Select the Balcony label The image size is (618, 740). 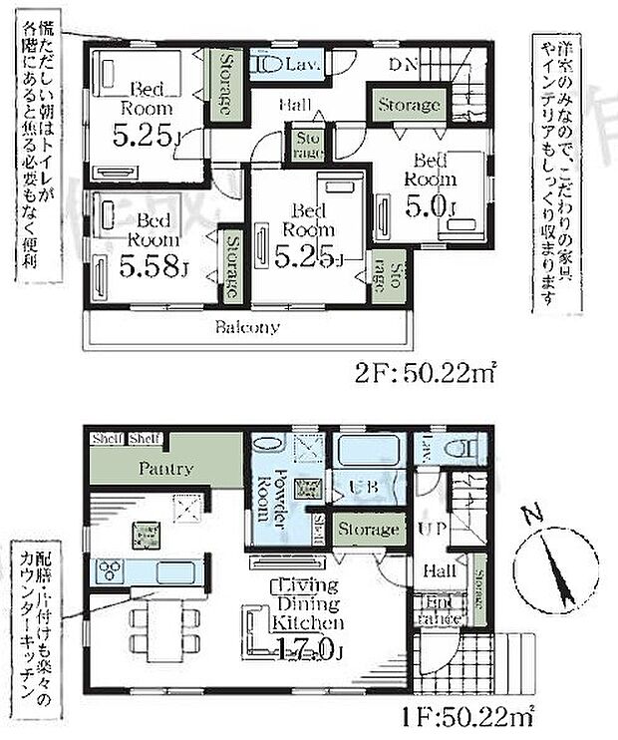pos(248,327)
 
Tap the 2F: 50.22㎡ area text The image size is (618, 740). pos(427,377)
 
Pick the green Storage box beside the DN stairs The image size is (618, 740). pos(408,105)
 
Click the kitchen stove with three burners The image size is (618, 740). pos(110,571)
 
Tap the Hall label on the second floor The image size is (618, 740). pos(292,105)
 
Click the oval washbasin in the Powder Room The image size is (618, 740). pos(269,445)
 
